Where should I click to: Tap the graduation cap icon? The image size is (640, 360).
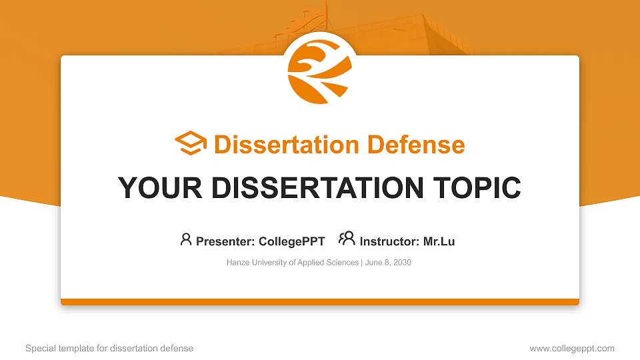click(x=191, y=144)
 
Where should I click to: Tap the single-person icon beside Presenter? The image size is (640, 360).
click(x=186, y=239)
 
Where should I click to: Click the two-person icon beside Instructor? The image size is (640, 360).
click(x=347, y=239)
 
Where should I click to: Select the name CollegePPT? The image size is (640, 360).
click(x=292, y=241)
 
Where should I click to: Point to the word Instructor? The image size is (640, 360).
click(x=389, y=241)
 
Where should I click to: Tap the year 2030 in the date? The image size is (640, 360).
click(x=402, y=263)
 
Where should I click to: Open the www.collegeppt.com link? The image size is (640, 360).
click(x=572, y=348)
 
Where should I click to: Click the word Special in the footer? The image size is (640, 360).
click(x=39, y=348)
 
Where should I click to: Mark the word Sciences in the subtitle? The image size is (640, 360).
click(x=342, y=263)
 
